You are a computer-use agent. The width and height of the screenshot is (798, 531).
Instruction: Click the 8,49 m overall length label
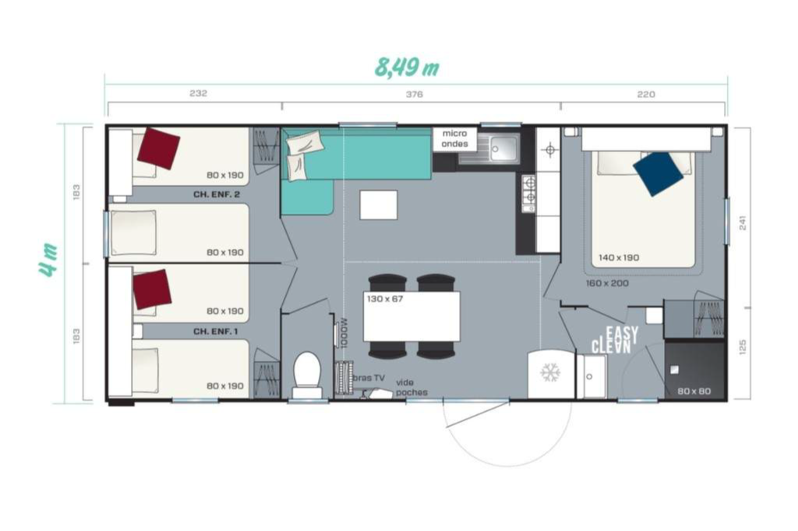[x=407, y=67]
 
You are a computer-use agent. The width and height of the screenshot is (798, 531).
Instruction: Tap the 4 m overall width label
[x=49, y=260]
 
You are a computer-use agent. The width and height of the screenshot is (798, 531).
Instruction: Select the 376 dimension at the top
[x=415, y=94]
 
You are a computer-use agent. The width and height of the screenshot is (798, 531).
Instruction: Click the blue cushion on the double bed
[x=658, y=174]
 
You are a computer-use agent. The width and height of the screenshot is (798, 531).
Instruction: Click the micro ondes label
[x=454, y=139]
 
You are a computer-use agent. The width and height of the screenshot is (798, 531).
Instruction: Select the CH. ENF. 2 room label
[x=217, y=195]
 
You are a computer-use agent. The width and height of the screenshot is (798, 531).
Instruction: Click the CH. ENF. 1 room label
[x=216, y=332]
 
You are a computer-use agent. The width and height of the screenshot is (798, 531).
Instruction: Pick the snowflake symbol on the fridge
[x=550, y=373]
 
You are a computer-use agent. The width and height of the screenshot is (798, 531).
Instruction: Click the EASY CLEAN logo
[x=615, y=339]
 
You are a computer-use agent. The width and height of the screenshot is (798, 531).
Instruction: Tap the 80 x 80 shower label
[x=694, y=391]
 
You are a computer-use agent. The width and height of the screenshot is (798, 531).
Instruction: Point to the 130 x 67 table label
[x=385, y=299]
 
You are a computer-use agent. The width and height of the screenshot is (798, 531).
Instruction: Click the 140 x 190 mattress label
[x=618, y=258]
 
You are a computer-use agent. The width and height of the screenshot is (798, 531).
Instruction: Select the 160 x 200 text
[x=607, y=283]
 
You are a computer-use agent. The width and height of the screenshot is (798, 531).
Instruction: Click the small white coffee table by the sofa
[x=378, y=205]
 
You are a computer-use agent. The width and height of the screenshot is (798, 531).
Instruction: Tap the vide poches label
[x=411, y=387]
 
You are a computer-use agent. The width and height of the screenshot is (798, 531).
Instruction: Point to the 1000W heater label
[x=344, y=332]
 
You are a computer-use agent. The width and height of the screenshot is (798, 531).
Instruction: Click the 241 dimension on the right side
[x=743, y=223]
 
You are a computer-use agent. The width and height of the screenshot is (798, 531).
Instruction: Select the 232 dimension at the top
[x=198, y=93]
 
